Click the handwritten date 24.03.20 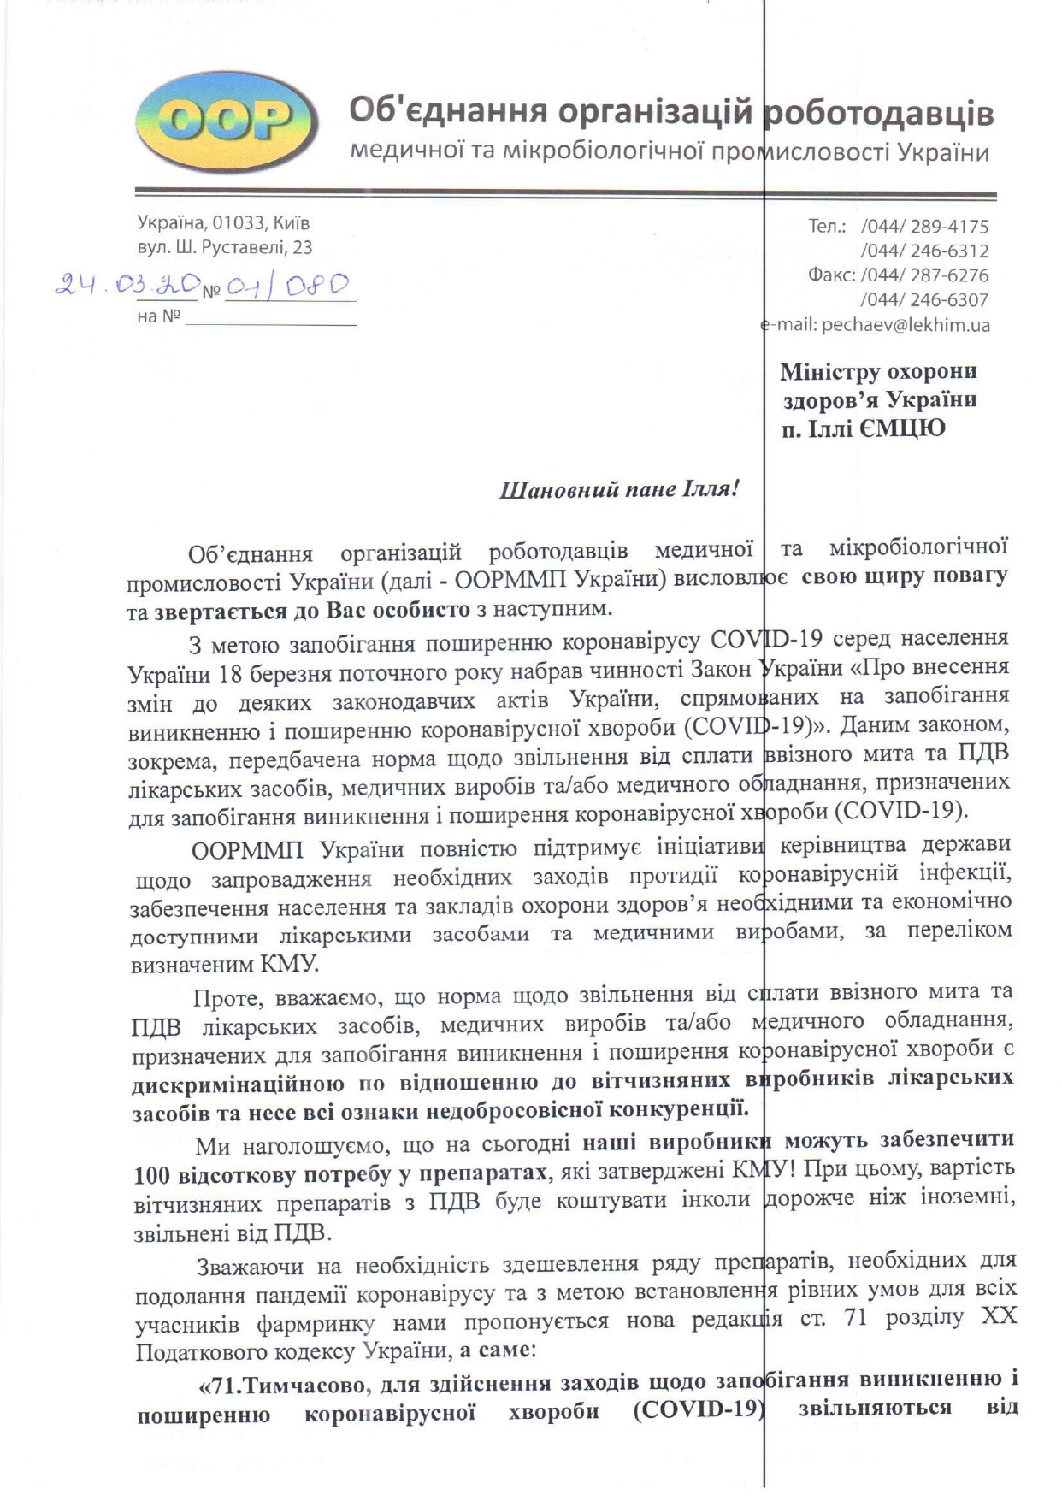point(126,285)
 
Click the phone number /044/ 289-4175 point(924,227)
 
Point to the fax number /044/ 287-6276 point(924,275)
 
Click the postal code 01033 point(239,223)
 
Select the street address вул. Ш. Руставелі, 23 point(225,248)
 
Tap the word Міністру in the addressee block point(828,372)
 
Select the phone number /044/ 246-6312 point(924,251)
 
